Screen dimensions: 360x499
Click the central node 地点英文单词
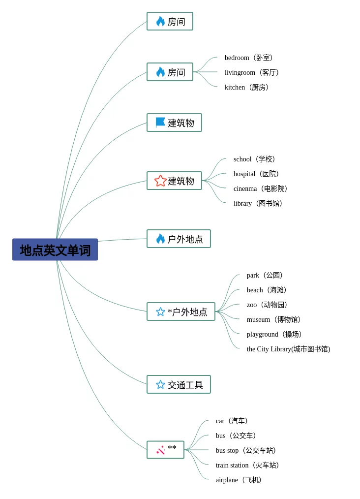tap(55, 249)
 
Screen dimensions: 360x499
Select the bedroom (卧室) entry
tap(249, 58)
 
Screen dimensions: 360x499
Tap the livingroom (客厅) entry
tap(252, 72)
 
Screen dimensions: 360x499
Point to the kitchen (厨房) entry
tap(247, 87)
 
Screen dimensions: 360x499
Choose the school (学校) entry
tap(254, 159)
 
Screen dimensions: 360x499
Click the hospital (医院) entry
tap(256, 174)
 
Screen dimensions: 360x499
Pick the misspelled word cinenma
tap(245, 188)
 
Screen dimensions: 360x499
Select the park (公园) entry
tap(265, 275)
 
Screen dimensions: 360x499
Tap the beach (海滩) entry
tap(267, 290)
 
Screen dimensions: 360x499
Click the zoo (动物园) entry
tap(267, 305)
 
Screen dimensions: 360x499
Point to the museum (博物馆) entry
tap(274, 319)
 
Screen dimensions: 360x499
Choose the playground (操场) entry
tap(274, 334)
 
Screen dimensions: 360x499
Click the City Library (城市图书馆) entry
tap(289, 349)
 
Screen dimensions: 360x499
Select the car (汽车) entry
tap(232, 421)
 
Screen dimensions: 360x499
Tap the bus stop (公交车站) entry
tap(246, 450)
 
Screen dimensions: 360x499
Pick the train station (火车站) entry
tap(247, 465)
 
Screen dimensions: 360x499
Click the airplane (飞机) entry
tap(239, 480)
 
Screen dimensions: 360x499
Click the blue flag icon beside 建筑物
tap(160, 123)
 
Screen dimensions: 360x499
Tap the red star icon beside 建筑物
tap(161, 181)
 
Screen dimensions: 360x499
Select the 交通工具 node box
tap(179, 384)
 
